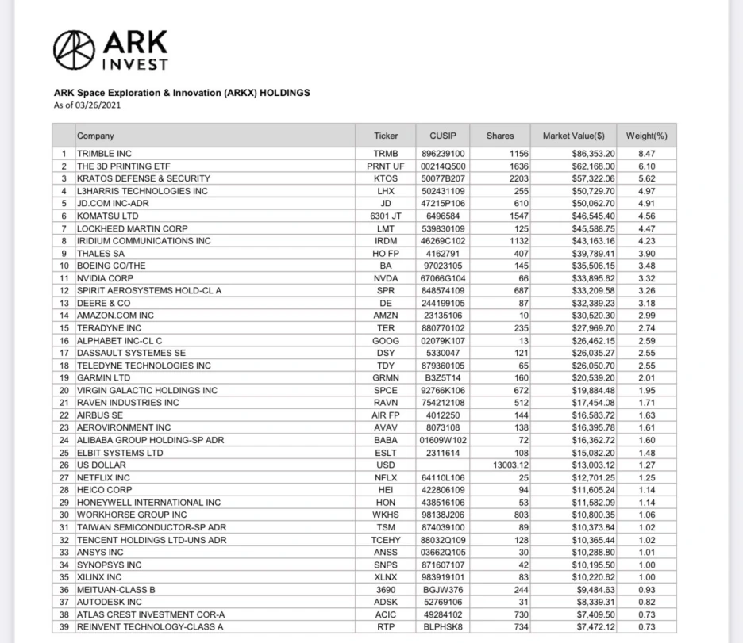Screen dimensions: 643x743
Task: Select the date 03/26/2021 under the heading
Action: (x=98, y=105)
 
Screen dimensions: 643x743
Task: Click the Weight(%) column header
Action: (x=646, y=136)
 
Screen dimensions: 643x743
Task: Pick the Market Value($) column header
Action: (x=573, y=136)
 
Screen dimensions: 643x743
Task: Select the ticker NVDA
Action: (x=386, y=278)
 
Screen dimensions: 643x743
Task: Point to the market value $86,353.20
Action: (x=593, y=153)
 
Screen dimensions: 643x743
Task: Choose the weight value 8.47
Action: (x=646, y=153)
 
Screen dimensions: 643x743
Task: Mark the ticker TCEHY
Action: (x=386, y=540)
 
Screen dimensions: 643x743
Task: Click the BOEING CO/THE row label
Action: (x=111, y=266)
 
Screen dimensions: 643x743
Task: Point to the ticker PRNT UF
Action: (x=386, y=166)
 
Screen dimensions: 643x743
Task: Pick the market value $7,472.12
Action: (x=593, y=627)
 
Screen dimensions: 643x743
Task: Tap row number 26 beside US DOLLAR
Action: (x=64, y=465)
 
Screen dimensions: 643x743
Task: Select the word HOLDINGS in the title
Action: (x=281, y=93)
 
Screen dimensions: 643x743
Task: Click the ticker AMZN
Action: (x=386, y=316)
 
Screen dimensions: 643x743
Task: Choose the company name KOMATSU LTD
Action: (x=107, y=216)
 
